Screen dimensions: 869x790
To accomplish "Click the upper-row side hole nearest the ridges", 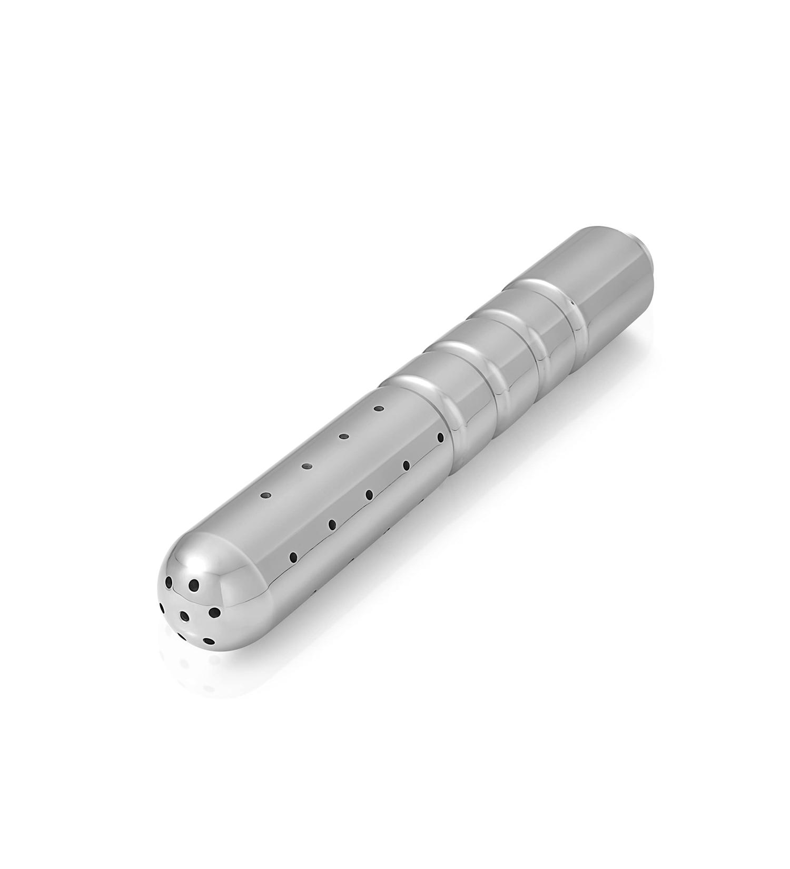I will pyautogui.click(x=378, y=408).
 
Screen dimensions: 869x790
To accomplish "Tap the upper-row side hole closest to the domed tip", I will pyautogui.click(x=266, y=495).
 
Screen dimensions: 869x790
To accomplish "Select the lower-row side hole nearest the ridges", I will pyautogui.click(x=441, y=437).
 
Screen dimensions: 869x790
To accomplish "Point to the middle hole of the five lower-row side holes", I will pyautogui.click(x=369, y=494).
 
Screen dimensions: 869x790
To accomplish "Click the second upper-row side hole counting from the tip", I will pyautogui.click(x=305, y=466).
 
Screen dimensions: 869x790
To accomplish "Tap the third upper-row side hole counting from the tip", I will pyautogui.click(x=344, y=436).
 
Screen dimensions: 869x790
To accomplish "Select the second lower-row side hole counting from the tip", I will pyautogui.click(x=332, y=525).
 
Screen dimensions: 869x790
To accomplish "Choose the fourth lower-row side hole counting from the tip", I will pyautogui.click(x=406, y=465).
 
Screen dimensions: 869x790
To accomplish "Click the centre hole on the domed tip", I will pyautogui.click(x=184, y=615).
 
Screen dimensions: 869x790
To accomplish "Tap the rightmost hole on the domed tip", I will pyautogui.click(x=215, y=612).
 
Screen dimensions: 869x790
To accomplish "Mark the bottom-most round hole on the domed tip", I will pyautogui.click(x=209, y=641).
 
